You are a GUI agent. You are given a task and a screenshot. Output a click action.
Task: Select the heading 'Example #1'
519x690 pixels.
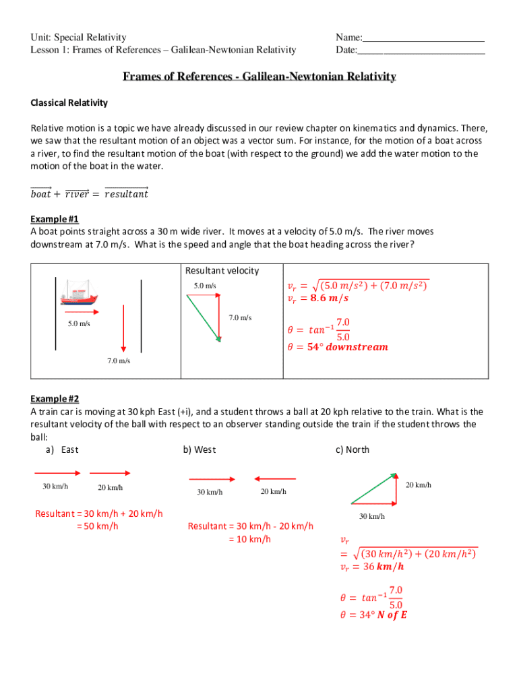[x=55, y=219]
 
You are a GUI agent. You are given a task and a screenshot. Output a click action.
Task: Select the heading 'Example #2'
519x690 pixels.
[x=55, y=399]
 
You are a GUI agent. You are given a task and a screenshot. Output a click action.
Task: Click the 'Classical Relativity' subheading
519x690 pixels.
[x=69, y=103]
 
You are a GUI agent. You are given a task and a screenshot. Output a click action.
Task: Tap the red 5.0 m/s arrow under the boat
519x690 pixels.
[x=82, y=312]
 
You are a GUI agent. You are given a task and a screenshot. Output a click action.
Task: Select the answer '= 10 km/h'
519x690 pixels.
[x=250, y=538]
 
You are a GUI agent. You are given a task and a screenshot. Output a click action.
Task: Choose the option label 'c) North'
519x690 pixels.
[x=353, y=449]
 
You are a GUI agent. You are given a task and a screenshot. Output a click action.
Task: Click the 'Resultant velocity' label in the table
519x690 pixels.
[x=222, y=270]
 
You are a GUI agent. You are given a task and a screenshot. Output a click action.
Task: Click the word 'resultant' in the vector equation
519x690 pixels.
[x=127, y=195]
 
